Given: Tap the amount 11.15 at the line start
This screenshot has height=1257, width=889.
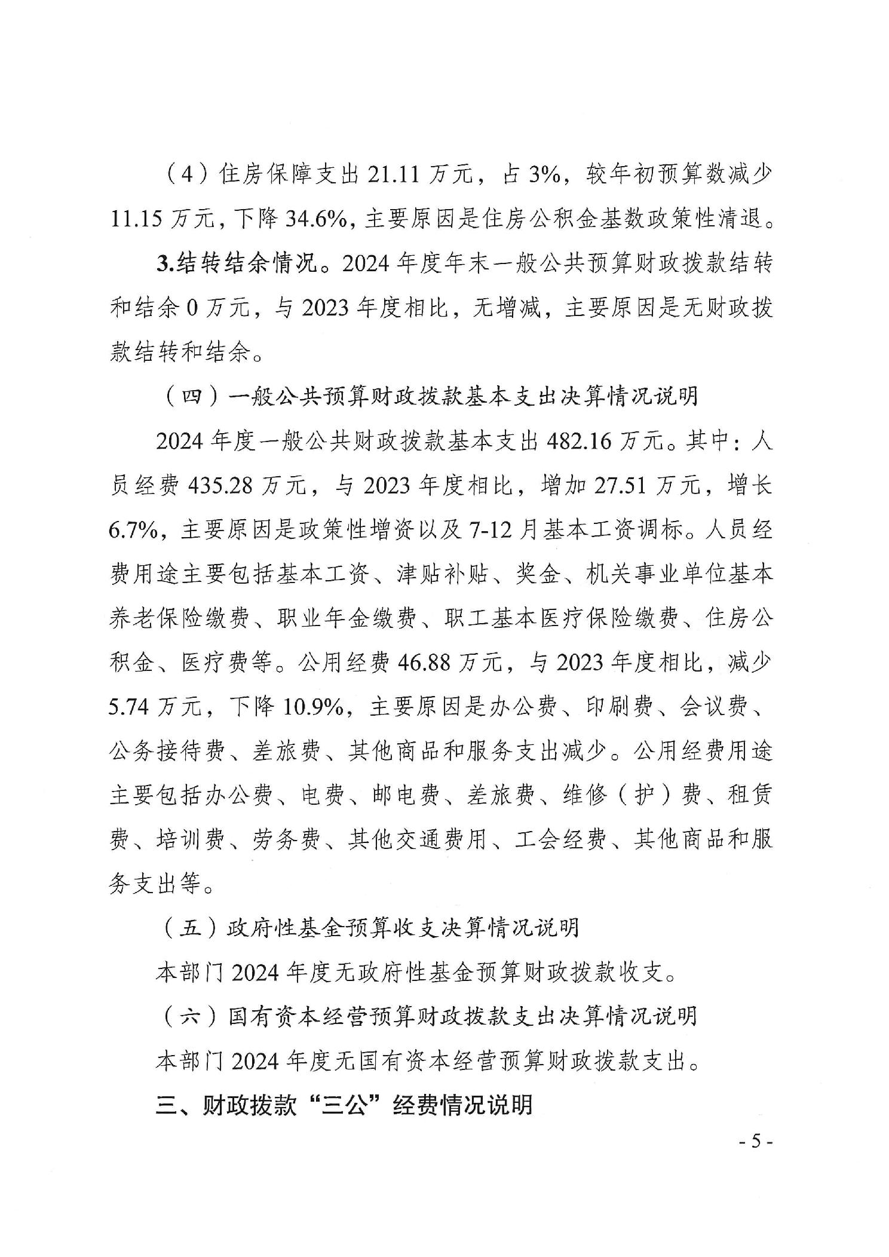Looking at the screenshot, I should click(136, 220).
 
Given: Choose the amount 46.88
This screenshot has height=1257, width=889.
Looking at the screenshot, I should click(424, 663).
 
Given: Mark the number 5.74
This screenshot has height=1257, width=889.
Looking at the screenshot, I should click(130, 707).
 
